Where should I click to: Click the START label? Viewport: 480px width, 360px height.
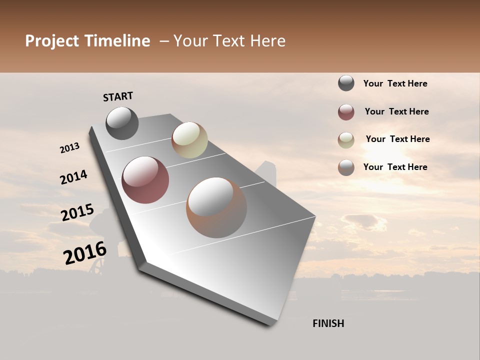(118, 96)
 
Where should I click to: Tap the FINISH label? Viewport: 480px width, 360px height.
(328, 323)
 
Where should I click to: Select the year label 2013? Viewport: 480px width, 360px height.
(69, 148)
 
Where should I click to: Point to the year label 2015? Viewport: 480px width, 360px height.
(77, 212)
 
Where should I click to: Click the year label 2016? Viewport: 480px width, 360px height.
(85, 252)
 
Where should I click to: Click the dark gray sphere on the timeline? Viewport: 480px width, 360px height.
(122, 123)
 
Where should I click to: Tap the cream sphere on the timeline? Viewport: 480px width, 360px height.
(189, 140)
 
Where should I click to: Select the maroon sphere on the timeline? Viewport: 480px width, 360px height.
(145, 180)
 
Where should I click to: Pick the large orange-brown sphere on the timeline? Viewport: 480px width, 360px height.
(216, 207)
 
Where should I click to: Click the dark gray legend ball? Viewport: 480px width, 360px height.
(346, 83)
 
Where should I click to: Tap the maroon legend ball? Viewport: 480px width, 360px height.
(346, 112)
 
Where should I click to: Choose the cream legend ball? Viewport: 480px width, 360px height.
(346, 140)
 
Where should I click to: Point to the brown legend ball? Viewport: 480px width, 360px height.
(346, 167)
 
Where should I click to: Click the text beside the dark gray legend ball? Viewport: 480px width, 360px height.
(395, 83)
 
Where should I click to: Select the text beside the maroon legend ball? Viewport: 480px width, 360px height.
(396, 111)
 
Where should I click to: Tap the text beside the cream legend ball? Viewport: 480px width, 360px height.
(397, 139)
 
